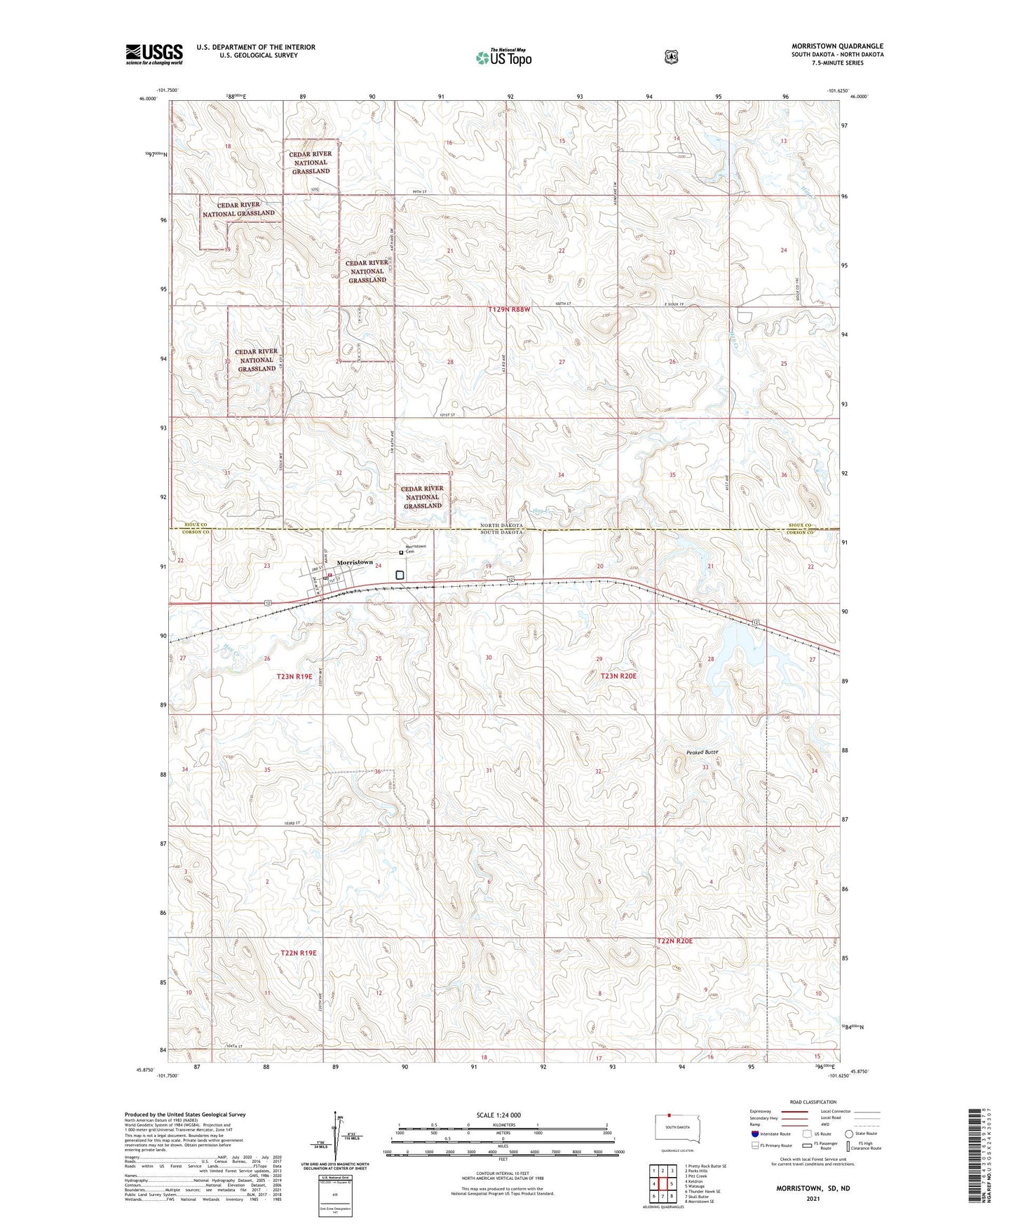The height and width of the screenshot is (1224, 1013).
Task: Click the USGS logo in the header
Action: [x=154, y=54]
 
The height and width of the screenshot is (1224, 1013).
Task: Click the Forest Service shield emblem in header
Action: [x=671, y=57]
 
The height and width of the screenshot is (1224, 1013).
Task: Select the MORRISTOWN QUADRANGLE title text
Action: [x=837, y=46]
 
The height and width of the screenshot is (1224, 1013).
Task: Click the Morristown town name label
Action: [x=355, y=562]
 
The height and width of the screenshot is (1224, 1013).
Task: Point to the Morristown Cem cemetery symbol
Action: [x=401, y=552]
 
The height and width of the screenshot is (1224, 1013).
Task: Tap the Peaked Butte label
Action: [x=702, y=752]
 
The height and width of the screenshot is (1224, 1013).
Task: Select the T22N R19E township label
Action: [x=299, y=953]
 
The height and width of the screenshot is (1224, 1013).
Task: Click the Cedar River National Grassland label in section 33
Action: [x=422, y=497]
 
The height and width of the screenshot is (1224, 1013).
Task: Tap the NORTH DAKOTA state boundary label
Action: [x=502, y=526]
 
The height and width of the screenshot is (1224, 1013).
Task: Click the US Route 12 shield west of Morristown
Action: [x=268, y=602]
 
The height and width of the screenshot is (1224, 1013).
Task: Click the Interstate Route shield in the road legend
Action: [x=754, y=1134]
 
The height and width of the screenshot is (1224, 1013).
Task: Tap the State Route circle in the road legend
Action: [x=849, y=1134]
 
